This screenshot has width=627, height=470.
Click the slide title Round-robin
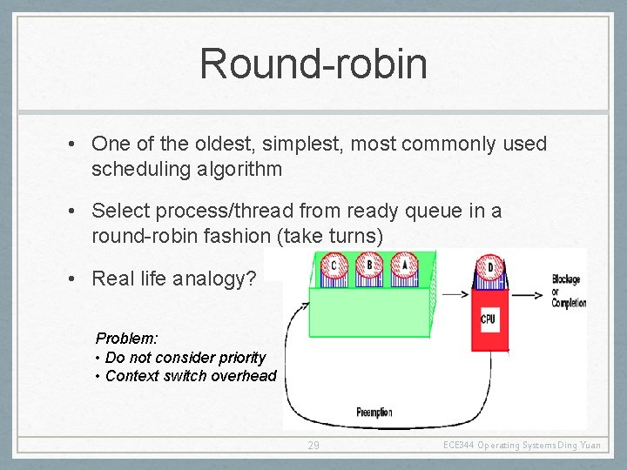(x=313, y=64)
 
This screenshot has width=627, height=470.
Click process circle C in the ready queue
(x=334, y=265)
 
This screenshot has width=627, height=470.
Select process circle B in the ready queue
(x=369, y=265)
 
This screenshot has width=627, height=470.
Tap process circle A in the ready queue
(x=404, y=265)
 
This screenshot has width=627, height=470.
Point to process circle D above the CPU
(x=489, y=267)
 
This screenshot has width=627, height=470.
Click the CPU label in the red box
(x=489, y=319)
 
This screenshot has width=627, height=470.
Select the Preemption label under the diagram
(x=374, y=412)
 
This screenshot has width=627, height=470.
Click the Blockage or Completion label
(x=568, y=291)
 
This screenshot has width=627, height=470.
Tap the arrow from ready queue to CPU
(x=455, y=294)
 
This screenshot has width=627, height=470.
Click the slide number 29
(x=313, y=446)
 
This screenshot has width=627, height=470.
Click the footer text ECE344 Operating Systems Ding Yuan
(x=522, y=446)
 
